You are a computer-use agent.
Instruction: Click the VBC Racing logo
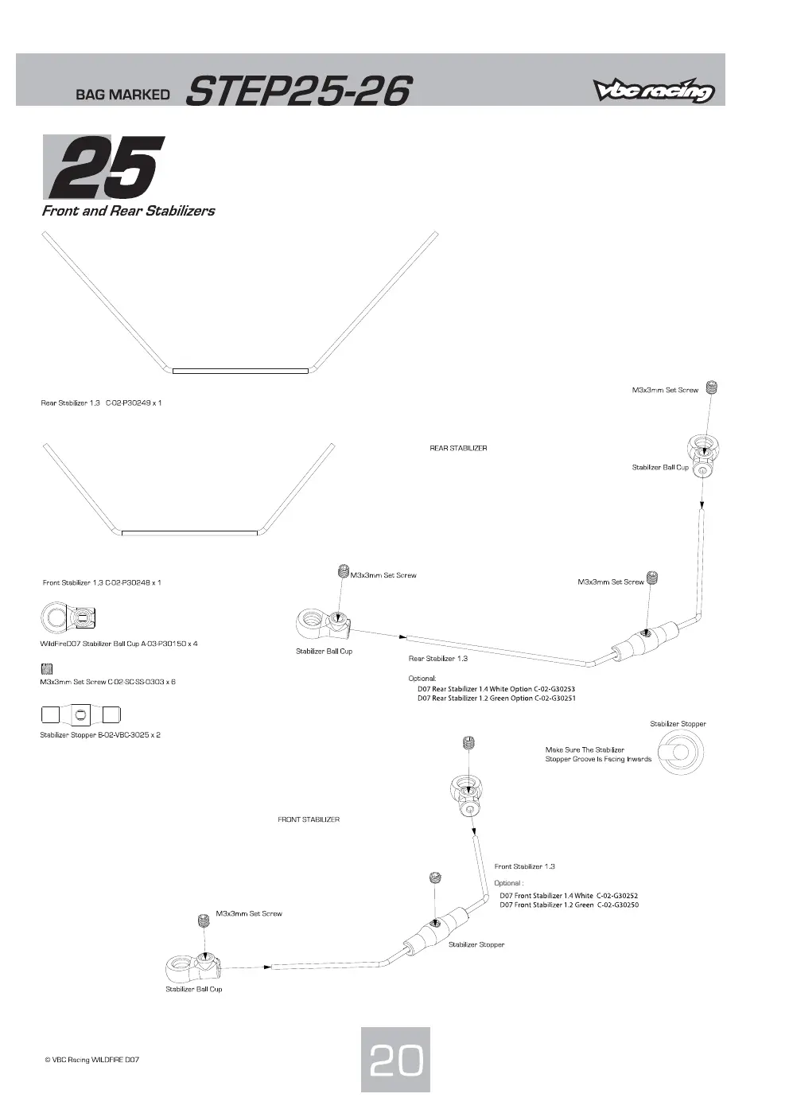654,90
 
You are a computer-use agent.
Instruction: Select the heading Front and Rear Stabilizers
128,211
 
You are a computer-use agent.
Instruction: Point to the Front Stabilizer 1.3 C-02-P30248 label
102,582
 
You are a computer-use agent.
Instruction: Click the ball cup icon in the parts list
68,617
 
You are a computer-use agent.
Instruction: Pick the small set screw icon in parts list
46,669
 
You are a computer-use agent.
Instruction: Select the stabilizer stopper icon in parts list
81,714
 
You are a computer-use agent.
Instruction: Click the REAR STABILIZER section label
458,448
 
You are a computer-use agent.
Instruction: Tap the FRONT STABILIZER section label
309,819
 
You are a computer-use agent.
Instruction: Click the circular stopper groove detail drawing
681,753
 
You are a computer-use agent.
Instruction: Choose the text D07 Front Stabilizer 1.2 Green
546,905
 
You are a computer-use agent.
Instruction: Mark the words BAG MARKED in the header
122,95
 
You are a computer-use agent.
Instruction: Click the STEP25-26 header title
298,91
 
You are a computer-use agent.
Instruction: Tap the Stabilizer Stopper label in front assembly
476,944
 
